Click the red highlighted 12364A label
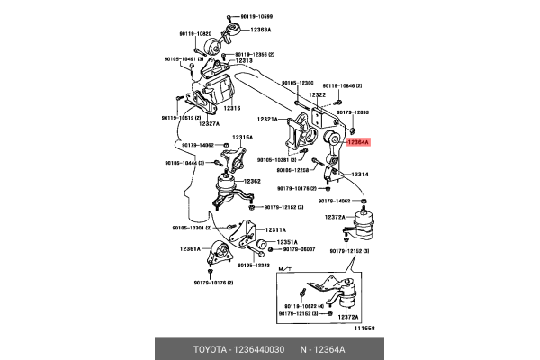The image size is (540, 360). (357, 142)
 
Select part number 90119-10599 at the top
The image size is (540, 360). (254, 17)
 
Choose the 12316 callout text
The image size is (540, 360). (233, 108)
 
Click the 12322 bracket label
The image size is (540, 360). (317, 94)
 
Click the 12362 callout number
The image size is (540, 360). (251, 181)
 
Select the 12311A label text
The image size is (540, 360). (275, 229)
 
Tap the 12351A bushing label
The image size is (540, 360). (287, 242)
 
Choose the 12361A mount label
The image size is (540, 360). (190, 248)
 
